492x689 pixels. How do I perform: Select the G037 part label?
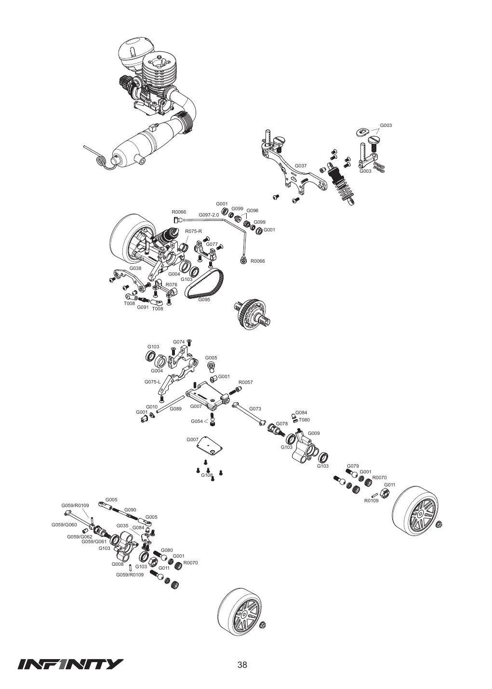301,166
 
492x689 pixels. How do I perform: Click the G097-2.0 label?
209,215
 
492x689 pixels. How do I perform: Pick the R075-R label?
193,231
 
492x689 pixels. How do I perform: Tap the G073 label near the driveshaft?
255,409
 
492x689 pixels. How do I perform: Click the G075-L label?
152,382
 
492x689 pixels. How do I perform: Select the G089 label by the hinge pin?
175,409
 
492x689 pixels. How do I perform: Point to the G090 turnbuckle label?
130,510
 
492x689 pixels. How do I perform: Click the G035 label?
122,526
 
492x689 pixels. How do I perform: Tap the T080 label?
304,420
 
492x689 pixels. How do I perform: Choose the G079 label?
353,466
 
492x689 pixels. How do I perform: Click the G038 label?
135,268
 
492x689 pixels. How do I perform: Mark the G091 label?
143,307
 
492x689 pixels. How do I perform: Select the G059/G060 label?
64,525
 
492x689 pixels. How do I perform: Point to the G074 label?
179,342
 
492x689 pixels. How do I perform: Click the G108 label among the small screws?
207,475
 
